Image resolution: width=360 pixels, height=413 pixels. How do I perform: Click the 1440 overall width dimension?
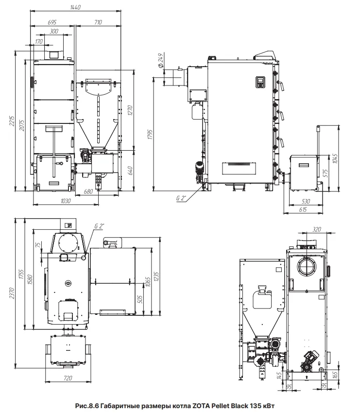(75, 7)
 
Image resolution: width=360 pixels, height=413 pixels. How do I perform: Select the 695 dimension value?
(52, 22)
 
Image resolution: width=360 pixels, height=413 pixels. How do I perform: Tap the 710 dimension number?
(98, 22)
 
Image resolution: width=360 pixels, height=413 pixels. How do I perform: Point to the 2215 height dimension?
(12, 121)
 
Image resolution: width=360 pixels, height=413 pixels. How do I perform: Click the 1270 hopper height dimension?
(130, 110)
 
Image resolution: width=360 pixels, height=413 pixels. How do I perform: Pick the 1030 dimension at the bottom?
(66, 201)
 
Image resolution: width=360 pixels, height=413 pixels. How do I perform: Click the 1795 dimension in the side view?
(150, 134)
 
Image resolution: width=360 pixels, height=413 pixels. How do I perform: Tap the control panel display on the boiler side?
(260, 82)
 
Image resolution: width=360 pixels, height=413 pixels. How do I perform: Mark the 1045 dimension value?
(335, 158)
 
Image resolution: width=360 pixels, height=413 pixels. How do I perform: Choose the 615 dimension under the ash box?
(303, 210)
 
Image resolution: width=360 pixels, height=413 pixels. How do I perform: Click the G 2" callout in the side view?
(181, 198)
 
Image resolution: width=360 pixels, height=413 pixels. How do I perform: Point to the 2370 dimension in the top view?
(12, 293)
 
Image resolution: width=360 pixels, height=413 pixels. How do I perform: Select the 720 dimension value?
(68, 378)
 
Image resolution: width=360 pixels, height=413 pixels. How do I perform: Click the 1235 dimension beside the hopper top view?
(156, 277)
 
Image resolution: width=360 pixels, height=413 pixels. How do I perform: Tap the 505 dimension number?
(140, 299)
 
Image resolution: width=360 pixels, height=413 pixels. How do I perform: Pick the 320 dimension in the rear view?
(317, 229)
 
